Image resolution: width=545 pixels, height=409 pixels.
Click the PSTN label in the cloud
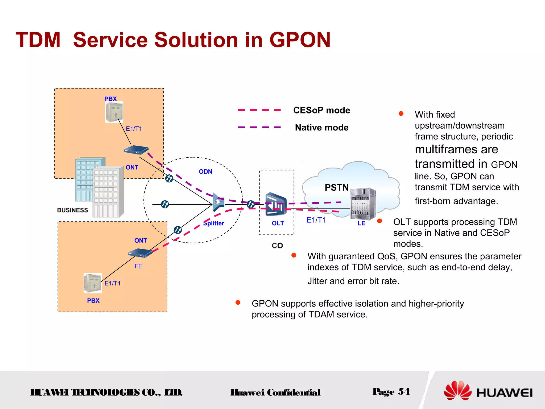336,187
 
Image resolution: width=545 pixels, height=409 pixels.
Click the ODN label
205,172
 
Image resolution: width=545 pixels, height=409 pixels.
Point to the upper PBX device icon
114,112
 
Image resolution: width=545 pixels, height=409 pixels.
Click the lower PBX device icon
93,283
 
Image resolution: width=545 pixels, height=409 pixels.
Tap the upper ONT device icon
136,150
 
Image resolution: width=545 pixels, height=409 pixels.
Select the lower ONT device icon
140,253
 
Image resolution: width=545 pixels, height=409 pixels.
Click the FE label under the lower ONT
138,266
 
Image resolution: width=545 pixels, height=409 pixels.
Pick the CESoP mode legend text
321,110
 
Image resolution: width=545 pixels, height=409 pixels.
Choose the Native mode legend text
321,128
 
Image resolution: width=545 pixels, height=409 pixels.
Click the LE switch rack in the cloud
363,203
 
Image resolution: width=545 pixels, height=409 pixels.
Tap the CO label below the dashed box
277,246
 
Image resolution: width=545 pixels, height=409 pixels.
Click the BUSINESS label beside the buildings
72,210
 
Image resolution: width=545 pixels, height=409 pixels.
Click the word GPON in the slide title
300,40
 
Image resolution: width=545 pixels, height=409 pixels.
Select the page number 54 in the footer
404,392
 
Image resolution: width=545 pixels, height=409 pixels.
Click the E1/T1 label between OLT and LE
316,220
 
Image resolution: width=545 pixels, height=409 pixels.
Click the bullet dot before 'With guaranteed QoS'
294,255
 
